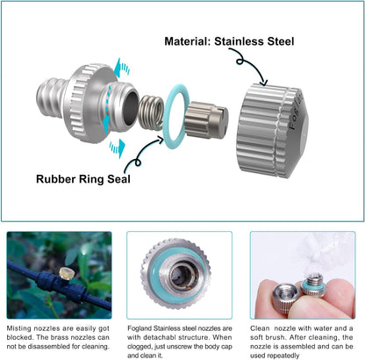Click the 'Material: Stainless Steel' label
point(229,41)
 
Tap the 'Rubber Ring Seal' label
point(83,179)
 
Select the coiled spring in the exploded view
point(151,113)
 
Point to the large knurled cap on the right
point(271,130)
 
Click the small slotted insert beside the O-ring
point(206,120)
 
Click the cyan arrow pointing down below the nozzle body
point(118,148)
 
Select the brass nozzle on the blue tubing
point(66,273)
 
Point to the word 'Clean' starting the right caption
point(260,328)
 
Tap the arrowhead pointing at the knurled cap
point(263,83)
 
